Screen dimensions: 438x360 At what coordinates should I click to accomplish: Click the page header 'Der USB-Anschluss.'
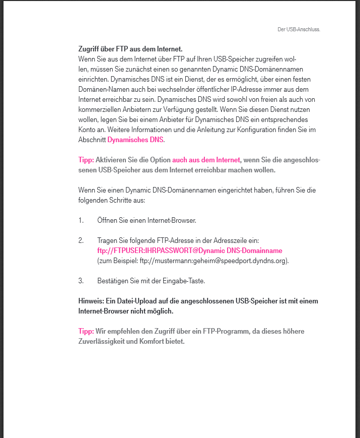[299, 29]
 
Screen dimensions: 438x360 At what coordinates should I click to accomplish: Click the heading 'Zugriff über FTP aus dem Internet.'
[130, 49]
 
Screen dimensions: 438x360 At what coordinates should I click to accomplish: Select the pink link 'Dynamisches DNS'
[135, 140]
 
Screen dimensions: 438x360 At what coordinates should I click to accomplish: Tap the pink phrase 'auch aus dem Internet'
[206, 160]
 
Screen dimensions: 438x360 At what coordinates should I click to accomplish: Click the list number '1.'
[81, 220]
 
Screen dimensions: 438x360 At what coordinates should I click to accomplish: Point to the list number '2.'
[81, 240]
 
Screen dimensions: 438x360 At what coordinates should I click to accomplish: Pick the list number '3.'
[81, 281]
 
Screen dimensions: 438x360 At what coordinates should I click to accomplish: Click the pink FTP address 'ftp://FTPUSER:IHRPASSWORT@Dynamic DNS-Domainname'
[189, 251]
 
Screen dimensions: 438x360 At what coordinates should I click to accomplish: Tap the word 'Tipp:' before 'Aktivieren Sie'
[86, 160]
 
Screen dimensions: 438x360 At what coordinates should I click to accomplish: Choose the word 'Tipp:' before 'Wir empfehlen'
[86, 331]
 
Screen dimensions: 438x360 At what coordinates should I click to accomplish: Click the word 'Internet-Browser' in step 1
[171, 220]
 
